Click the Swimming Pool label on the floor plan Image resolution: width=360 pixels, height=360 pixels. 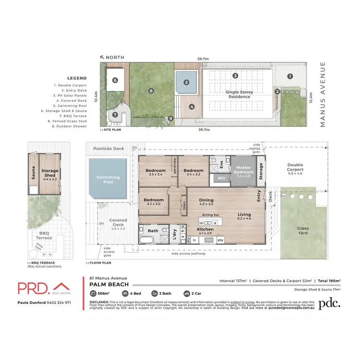point(108,180)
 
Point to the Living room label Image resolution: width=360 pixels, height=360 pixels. point(244,216)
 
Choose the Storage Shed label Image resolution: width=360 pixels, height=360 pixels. point(50,173)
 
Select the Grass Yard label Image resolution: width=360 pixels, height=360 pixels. point(303,231)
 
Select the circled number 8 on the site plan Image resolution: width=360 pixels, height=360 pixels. point(151,90)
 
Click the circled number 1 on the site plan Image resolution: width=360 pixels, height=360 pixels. point(290,76)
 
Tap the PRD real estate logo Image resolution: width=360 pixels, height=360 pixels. point(40,288)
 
